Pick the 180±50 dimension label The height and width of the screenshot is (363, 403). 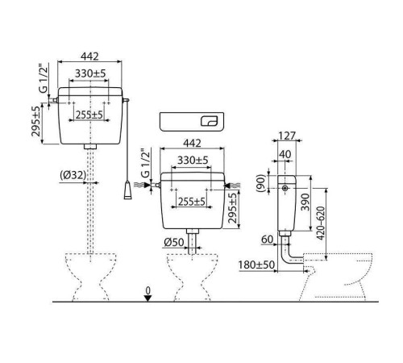pyautogui.click(x=256, y=264)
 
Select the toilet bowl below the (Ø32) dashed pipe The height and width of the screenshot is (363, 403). pyautogui.click(x=88, y=274)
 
